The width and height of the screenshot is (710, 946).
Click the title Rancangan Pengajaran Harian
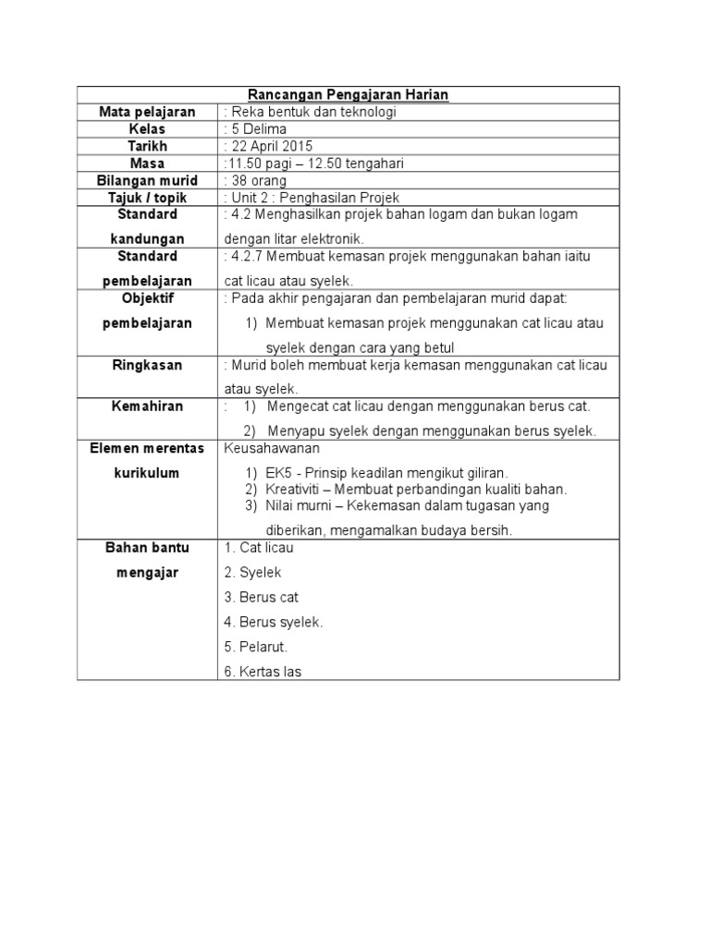[x=349, y=95]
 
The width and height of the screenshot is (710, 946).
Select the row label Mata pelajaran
[x=148, y=112]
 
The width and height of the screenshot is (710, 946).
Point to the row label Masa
[x=148, y=164]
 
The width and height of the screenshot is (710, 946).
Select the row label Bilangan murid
[x=148, y=181]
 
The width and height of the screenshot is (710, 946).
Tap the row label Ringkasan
[x=148, y=365]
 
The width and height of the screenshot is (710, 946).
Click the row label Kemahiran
[x=148, y=406]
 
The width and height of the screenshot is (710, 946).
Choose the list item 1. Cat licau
[x=259, y=548]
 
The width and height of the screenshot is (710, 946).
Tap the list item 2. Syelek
[x=252, y=573]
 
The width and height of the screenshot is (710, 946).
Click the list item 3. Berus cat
[x=261, y=598]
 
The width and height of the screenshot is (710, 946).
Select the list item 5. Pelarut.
[x=256, y=647]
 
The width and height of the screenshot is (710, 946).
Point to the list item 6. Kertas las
[x=263, y=672]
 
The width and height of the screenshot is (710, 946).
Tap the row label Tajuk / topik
[x=148, y=198]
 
